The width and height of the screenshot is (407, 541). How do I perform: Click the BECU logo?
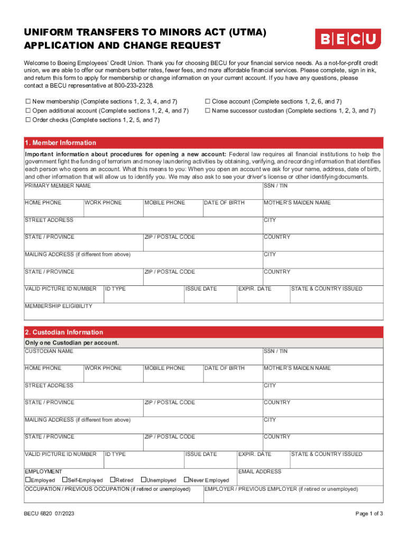coord(348,39)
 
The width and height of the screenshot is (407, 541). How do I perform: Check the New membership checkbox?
coord(28,101)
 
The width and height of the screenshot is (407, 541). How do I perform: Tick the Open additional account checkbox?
coord(28,111)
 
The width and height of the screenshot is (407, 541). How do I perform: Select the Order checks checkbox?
coord(28,120)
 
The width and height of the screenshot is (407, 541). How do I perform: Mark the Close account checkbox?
coord(208,101)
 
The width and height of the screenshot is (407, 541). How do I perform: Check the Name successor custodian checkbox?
coord(208,111)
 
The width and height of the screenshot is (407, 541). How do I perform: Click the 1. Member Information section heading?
coord(60,143)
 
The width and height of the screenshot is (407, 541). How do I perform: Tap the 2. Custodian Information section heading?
coord(64,332)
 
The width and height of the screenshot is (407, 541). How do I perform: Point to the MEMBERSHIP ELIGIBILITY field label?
coord(59,306)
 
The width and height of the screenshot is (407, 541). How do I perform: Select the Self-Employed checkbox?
coord(64,480)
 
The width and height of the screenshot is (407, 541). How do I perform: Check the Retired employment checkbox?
coord(112,480)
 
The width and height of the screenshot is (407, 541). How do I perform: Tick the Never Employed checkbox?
coord(186,480)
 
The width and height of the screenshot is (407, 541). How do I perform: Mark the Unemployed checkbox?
coord(143,480)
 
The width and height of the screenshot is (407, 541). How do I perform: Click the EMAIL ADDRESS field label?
coord(260,472)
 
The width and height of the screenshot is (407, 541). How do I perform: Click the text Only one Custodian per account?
coord(72,343)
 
